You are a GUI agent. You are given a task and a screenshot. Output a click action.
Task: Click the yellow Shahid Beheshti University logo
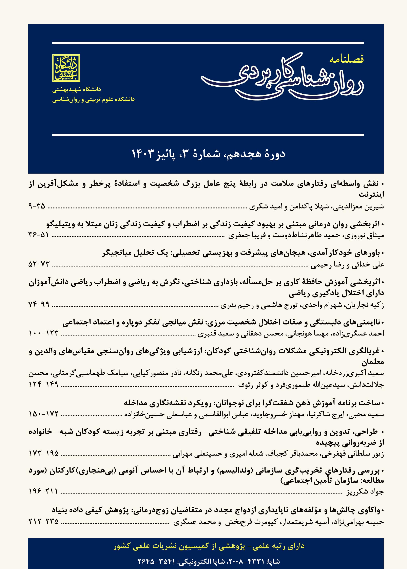point(66,68)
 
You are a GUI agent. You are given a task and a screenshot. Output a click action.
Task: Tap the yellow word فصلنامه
point(347,60)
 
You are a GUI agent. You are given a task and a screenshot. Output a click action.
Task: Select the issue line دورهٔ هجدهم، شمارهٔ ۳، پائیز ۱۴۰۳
point(208,154)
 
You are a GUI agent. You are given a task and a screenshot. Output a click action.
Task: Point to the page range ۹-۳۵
point(37,206)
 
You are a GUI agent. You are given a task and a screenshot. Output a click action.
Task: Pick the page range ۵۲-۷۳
point(39,264)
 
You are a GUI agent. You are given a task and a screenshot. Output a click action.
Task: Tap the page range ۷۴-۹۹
point(39,304)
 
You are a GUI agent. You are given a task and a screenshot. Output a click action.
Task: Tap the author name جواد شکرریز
point(365,492)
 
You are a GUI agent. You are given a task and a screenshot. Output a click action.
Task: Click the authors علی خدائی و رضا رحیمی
point(347,265)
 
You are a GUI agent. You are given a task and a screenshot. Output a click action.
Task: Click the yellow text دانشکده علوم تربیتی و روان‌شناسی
point(94,99)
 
